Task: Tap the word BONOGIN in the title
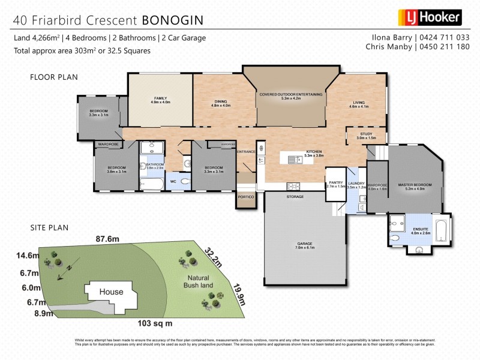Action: [x=172, y=20]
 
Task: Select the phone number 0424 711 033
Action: [x=445, y=37]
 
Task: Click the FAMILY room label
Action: [x=160, y=98]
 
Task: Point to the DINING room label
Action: [x=220, y=102]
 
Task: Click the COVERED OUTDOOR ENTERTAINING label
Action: [x=290, y=94]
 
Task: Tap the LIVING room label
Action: [x=359, y=103]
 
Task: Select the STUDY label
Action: [x=366, y=134]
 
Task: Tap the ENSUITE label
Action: [x=421, y=230]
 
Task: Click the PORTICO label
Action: [x=246, y=197]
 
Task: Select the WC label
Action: [x=173, y=181]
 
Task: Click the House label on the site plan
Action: [x=112, y=292]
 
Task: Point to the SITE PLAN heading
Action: [x=50, y=227]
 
